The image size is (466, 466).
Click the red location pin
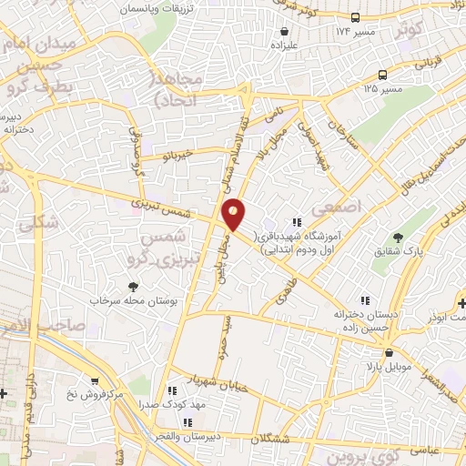(x=234, y=215)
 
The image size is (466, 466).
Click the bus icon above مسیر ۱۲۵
(x=382, y=76)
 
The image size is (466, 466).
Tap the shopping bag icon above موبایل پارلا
(x=389, y=352)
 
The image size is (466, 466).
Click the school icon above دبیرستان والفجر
(x=188, y=421)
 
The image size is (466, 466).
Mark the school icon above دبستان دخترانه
(x=365, y=300)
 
